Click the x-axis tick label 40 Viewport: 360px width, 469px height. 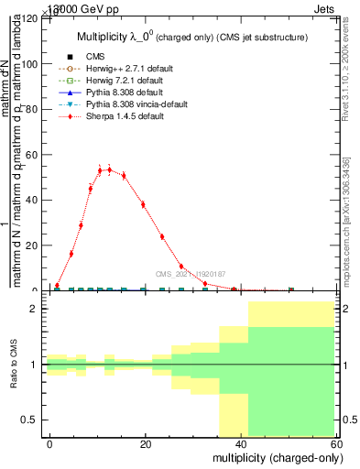coord(241,444)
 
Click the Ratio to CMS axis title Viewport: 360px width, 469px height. coord(14,365)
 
